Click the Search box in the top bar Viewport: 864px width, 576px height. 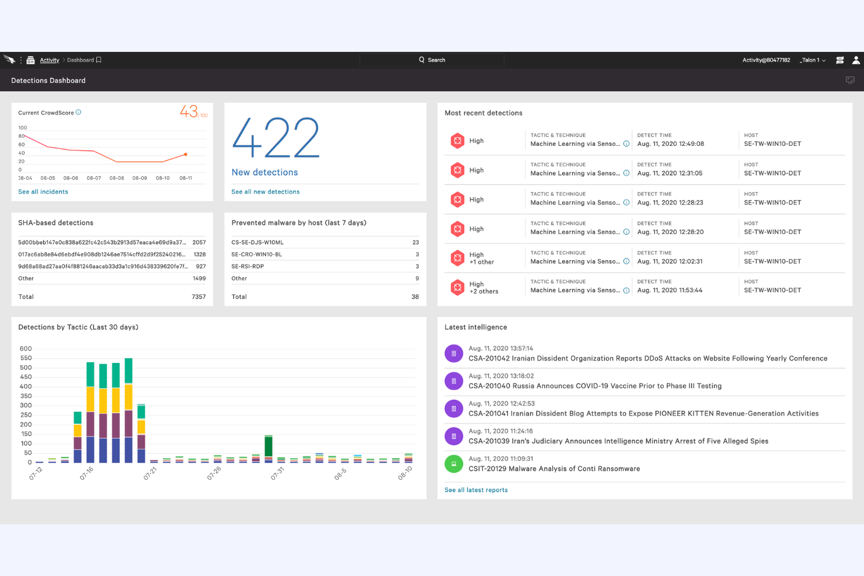pyautogui.click(x=432, y=60)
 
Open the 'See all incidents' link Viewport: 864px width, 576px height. pyautogui.click(x=43, y=192)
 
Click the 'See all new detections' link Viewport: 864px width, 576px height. pyautogui.click(x=266, y=192)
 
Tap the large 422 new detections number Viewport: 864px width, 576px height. pyautogui.click(x=276, y=138)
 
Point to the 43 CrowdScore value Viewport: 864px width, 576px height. pyautogui.click(x=189, y=111)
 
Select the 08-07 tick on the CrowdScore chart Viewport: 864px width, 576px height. pyautogui.click(x=94, y=178)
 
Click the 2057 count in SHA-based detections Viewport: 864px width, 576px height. pyautogui.click(x=199, y=242)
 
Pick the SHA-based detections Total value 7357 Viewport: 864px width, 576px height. pyautogui.click(x=198, y=297)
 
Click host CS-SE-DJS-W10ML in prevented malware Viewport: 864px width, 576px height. pyautogui.click(x=257, y=242)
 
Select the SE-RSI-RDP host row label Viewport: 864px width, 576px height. pyautogui.click(x=248, y=267)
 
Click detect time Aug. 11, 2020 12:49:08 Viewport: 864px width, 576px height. pyautogui.click(x=671, y=144)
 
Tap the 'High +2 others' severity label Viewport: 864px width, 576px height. pyautogui.click(x=484, y=288)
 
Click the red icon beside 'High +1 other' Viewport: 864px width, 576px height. pyautogui.click(x=458, y=258)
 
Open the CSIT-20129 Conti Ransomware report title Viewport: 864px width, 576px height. pyautogui.click(x=554, y=469)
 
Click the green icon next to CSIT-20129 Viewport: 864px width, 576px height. pyautogui.click(x=454, y=464)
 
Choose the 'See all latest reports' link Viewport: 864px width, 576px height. pyautogui.click(x=476, y=490)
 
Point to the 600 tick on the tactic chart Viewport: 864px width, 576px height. pyautogui.click(x=26, y=349)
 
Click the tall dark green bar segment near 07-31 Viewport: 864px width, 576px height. pyautogui.click(x=269, y=446)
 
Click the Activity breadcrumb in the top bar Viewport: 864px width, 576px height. pyautogui.click(x=50, y=60)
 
